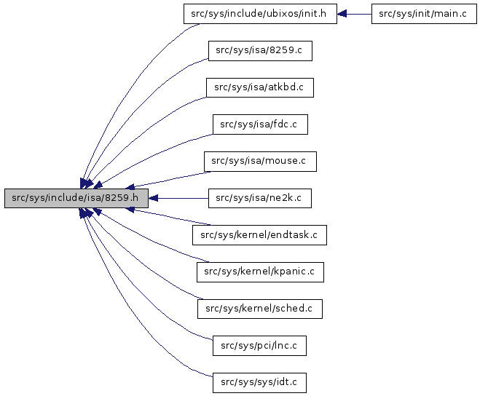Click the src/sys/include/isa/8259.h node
coord(76,198)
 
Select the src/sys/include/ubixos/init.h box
coord(260,14)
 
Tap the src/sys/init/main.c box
coord(423,14)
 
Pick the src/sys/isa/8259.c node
coord(260,51)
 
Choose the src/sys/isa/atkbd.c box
coord(259,87)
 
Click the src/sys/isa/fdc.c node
coord(260,124)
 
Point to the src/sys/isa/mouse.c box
coord(260,161)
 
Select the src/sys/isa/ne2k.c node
coord(260,198)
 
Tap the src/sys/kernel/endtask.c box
coord(259,234)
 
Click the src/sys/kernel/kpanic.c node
coord(260,272)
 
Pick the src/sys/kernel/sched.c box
coord(259,308)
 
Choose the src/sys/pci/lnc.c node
coord(259,345)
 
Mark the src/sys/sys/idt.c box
coord(260,381)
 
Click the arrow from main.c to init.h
coord(357,14)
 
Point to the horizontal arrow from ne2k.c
coord(178,198)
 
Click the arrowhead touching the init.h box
coord(342,14)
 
